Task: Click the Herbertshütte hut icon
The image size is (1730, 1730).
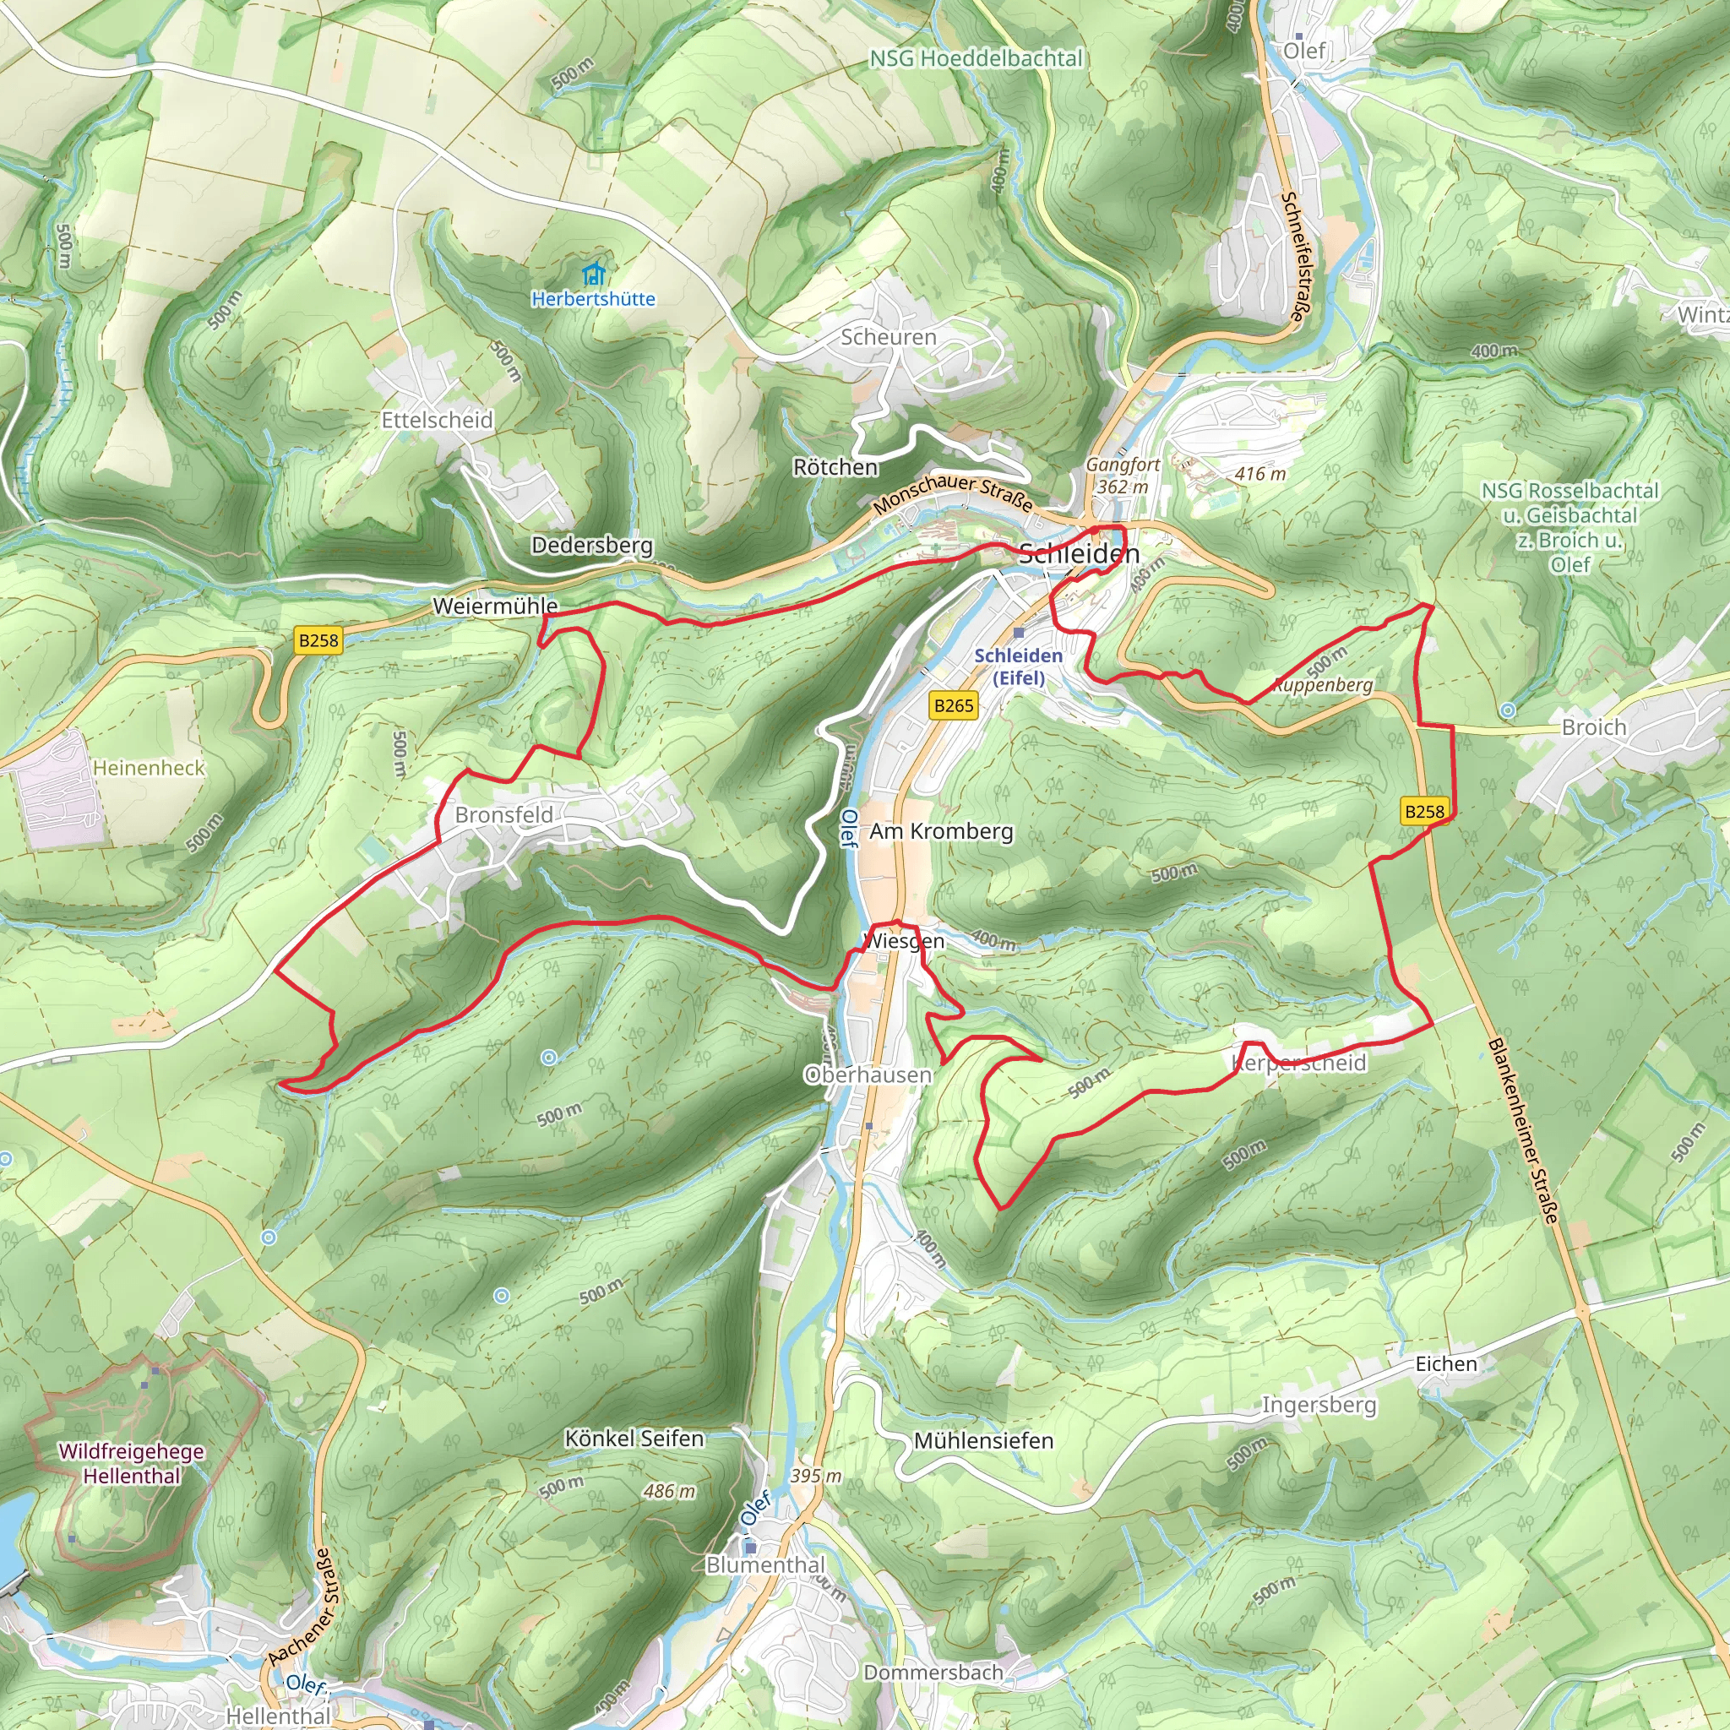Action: click(593, 273)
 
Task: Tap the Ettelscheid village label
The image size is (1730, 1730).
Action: click(437, 420)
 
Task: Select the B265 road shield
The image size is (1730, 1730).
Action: click(954, 705)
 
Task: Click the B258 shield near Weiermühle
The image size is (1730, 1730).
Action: click(318, 640)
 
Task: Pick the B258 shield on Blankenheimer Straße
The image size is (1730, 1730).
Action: click(1423, 811)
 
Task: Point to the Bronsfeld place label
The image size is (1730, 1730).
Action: click(504, 815)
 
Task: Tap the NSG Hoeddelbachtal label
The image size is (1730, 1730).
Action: click(976, 58)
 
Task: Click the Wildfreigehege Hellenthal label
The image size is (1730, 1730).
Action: click(132, 1463)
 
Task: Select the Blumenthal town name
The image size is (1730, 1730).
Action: click(765, 1564)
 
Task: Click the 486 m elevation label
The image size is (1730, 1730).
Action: click(670, 1491)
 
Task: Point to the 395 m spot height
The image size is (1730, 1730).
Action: click(816, 1476)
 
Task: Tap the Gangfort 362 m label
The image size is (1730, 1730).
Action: click(1123, 476)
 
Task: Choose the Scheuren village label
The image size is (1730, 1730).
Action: click(889, 337)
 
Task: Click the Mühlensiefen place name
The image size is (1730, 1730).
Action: click(983, 1441)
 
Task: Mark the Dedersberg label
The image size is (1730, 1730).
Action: click(592, 545)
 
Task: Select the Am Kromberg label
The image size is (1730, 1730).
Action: click(941, 831)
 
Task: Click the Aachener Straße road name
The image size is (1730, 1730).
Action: click(304, 1608)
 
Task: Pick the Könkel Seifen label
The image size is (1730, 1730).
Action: click(634, 1438)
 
